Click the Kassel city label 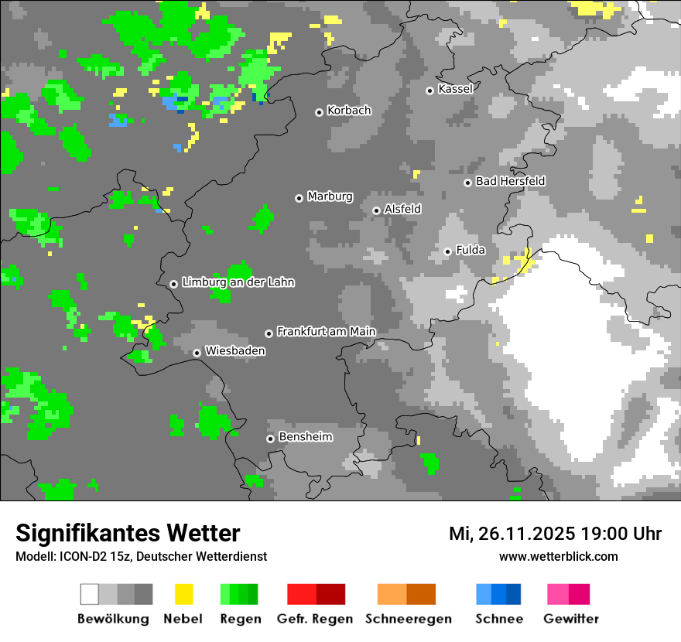point(455,89)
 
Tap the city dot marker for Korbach point(319,112)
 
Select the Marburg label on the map point(330,196)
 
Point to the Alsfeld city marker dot point(376,210)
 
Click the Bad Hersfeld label point(510,181)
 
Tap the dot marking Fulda point(447,251)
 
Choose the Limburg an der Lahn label point(238,282)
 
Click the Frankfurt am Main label point(326,332)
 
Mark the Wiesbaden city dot point(197,353)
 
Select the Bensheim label point(305,437)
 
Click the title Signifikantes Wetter point(128,533)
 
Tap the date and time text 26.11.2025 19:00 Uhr point(555,534)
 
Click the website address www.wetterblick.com point(558,556)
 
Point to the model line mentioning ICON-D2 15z point(141,556)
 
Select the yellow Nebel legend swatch point(183,594)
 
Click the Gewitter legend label point(570,619)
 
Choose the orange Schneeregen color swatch point(406,594)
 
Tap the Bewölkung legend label point(113,619)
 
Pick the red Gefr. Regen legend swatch point(316,594)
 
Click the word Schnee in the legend point(498,619)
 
